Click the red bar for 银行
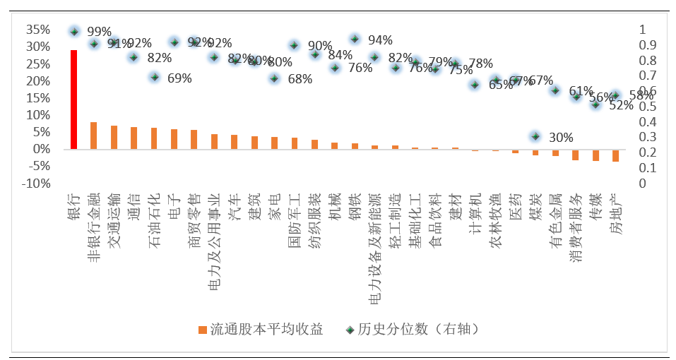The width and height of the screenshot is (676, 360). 73,100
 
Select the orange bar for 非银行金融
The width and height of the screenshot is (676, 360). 93,136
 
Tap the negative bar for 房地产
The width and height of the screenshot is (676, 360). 615,155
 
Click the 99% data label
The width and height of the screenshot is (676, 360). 99,32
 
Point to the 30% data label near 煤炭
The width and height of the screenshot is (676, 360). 561,137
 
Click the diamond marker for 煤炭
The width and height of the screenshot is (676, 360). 535,136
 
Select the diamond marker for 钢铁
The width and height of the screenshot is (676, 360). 355,39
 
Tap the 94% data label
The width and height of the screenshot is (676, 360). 380,40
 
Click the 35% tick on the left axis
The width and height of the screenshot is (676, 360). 37,30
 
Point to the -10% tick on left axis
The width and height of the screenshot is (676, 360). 35,184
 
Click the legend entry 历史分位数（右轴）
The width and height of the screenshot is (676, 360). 412,329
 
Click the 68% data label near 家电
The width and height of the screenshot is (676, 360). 300,79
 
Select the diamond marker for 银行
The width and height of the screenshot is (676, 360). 73,32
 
